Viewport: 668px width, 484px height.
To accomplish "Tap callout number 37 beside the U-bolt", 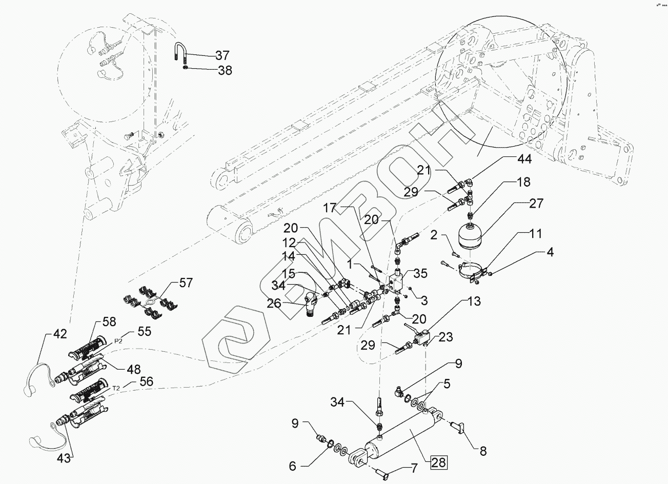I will (x=222, y=55).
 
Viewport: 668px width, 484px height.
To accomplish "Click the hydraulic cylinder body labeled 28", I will (x=405, y=436).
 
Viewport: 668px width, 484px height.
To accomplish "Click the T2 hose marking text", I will (x=117, y=389).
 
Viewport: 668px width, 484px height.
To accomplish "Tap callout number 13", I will (x=475, y=301).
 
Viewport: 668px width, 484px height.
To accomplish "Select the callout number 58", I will (x=109, y=321).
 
